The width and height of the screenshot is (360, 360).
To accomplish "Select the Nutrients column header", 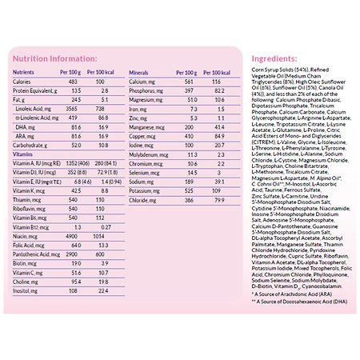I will (23, 72).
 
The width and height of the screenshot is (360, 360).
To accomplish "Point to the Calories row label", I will (22, 82).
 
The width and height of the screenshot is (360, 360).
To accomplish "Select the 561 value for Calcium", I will (190, 82).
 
